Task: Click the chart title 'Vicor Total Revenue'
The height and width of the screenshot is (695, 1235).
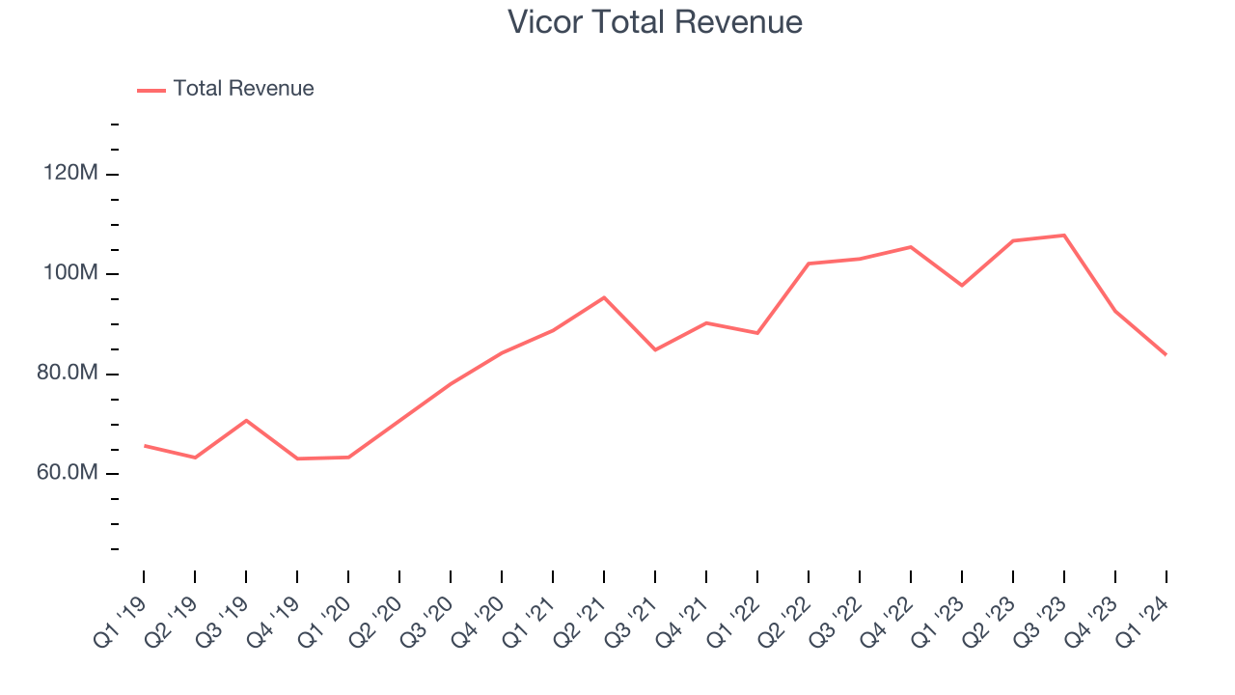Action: [655, 22]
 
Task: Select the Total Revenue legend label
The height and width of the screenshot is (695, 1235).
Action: [243, 89]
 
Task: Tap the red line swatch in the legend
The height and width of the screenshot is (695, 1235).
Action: [151, 90]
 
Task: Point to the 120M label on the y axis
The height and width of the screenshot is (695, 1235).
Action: [70, 174]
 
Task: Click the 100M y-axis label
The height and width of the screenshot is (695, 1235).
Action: [70, 273]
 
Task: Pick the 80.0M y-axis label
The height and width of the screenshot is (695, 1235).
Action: [67, 374]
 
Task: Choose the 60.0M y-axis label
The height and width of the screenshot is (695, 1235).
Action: [67, 473]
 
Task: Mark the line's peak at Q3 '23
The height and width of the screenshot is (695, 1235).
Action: [1064, 236]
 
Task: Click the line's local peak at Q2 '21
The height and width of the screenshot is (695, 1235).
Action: [604, 297]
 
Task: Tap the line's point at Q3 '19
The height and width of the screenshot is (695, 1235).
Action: [246, 420]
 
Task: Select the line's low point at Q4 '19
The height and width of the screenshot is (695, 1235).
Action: [297, 459]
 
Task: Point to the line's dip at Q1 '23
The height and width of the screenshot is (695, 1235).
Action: [962, 285]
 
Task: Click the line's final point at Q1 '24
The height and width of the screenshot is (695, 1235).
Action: [1166, 354]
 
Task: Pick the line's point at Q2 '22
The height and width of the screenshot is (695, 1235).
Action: [809, 264]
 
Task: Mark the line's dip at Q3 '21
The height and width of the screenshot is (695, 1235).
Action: [655, 349]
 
